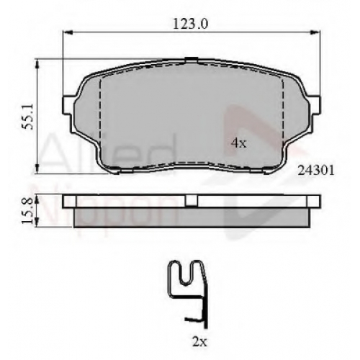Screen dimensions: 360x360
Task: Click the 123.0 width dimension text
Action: tap(190, 24)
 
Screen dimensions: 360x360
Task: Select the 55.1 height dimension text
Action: tap(27, 117)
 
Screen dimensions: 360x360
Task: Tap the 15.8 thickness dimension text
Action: tap(27, 211)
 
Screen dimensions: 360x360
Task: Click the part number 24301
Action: tap(316, 171)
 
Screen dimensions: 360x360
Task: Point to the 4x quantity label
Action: tap(239, 143)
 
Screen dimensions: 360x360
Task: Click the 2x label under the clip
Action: tap(199, 342)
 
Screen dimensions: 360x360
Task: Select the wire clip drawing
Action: tap(187, 294)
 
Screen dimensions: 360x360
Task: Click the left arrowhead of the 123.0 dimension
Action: tap(68, 32)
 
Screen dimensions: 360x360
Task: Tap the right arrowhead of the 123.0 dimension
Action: tap(315, 32)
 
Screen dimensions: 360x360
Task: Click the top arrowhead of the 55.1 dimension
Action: tap(37, 63)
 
